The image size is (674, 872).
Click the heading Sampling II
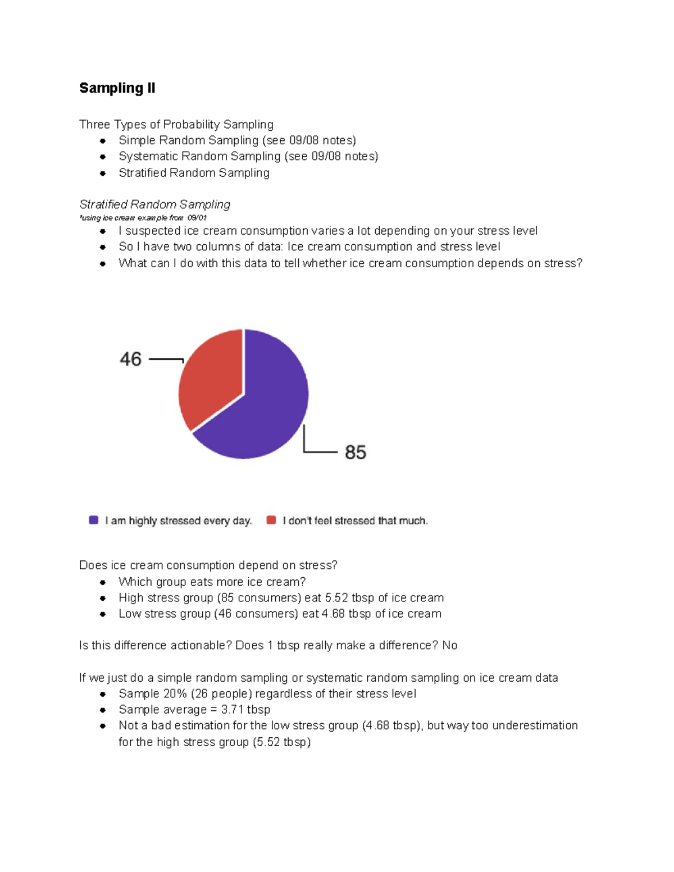(x=117, y=88)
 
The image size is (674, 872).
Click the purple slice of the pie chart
(x=264, y=410)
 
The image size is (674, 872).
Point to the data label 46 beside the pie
(x=130, y=359)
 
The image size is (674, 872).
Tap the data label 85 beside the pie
(x=356, y=452)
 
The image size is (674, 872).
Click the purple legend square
(x=94, y=520)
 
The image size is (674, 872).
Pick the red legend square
(x=271, y=520)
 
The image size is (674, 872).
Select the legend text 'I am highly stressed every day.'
(x=179, y=521)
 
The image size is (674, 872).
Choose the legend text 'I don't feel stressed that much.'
(x=355, y=521)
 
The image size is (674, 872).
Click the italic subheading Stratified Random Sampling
(x=154, y=204)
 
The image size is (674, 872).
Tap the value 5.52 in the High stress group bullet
(x=336, y=597)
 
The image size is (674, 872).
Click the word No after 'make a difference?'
(x=449, y=646)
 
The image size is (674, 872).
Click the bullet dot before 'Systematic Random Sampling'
(x=103, y=157)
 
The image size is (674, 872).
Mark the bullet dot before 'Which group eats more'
(x=103, y=582)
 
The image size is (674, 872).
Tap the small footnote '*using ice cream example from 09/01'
(x=143, y=218)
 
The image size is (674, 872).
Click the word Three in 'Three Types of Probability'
(x=94, y=125)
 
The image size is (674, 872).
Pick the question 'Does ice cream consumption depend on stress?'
(x=208, y=565)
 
